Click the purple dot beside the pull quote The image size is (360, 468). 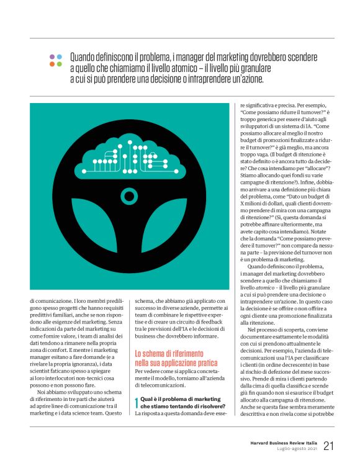[52, 56]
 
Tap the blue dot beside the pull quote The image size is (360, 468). [60, 56]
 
